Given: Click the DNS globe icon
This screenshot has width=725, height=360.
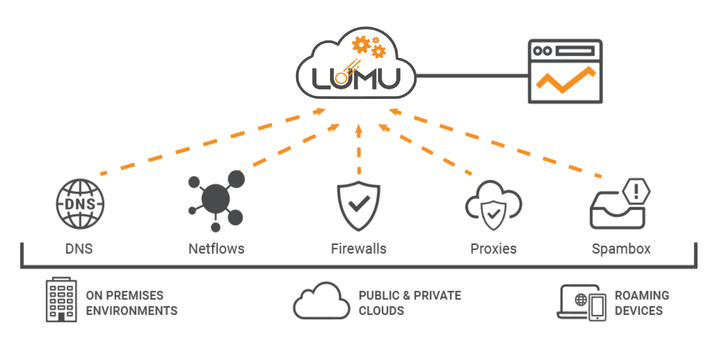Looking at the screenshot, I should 80,204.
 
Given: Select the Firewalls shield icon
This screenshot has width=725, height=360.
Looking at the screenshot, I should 359,206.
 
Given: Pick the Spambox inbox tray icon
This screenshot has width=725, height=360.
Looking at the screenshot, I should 617,211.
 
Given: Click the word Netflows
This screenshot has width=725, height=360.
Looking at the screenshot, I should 216,249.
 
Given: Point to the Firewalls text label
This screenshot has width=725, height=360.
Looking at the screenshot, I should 359,249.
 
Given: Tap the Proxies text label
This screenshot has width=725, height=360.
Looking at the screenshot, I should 494,249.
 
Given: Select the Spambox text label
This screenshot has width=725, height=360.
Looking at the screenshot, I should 621,249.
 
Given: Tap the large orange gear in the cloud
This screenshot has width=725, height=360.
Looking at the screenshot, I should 361,45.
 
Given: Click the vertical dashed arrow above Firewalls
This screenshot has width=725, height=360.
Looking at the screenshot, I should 359,150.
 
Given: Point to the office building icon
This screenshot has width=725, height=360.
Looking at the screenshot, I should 61,300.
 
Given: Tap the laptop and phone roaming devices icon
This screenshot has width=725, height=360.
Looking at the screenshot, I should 581,303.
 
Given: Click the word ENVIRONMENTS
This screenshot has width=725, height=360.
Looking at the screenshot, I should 132,311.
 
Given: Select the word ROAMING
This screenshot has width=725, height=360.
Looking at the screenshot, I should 642,295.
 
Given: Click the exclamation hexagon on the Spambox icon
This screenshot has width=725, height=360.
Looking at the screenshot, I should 636,191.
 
